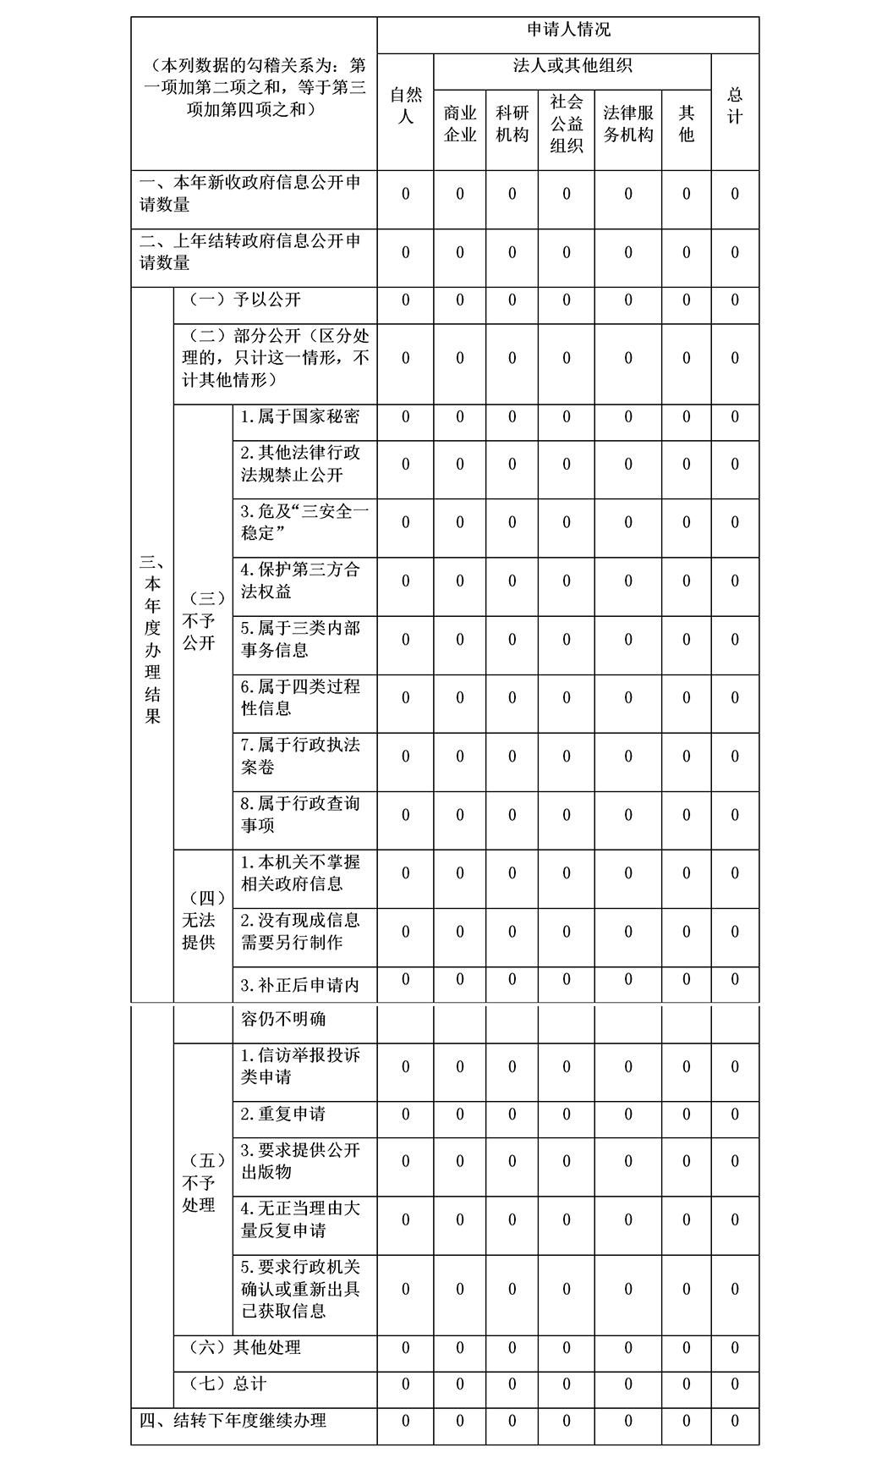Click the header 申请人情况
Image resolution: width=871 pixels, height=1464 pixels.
567,30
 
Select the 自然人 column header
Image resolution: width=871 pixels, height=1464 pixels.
405,106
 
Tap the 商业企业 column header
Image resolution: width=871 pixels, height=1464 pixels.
460,124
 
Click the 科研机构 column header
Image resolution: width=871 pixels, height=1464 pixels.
512,124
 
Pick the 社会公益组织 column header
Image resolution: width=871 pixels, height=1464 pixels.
567,124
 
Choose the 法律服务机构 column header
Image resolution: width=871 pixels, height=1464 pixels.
627,124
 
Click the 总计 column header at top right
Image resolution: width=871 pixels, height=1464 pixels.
735,106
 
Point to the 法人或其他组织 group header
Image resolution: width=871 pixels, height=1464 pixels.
572,66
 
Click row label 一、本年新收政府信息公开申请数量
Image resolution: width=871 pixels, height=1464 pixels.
250,194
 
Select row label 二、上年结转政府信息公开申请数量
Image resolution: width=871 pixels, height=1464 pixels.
250,252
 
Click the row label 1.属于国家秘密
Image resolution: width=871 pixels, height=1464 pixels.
300,416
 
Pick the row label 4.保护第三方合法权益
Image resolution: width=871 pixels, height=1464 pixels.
300,581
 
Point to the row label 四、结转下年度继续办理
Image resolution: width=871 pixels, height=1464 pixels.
233,1421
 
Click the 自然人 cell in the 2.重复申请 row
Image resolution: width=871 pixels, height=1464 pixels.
405,1115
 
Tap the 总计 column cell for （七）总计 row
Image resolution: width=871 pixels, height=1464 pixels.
735,1384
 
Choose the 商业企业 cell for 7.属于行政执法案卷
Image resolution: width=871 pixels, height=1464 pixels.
460,757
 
